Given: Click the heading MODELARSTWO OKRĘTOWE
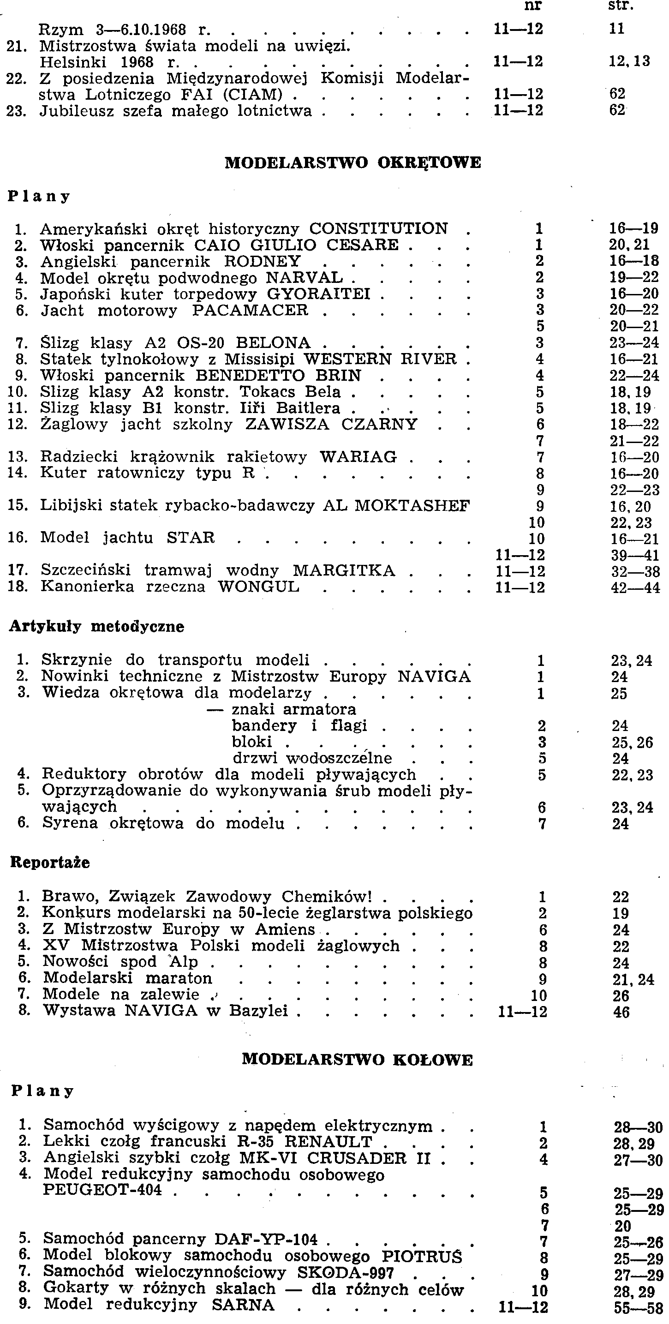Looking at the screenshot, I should pos(353,163).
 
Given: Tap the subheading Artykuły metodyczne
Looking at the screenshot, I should pos(96,627).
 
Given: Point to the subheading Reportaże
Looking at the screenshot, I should pos(50,863).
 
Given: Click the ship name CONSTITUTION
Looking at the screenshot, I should pos(379,228).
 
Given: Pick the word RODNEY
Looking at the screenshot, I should pos(263,261).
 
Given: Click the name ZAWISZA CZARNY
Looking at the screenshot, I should pos(331,425).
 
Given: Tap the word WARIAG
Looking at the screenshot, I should pos(358,457).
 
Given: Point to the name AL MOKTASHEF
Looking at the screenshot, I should pos(396,506).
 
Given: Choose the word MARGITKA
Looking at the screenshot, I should pos(344,570).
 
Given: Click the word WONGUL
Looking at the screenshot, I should pos(258,587).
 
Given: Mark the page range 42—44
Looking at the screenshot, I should pos(635,587).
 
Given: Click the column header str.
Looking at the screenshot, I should pos(621,6).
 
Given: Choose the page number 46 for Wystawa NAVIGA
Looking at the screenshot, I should pos(621,1012).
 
